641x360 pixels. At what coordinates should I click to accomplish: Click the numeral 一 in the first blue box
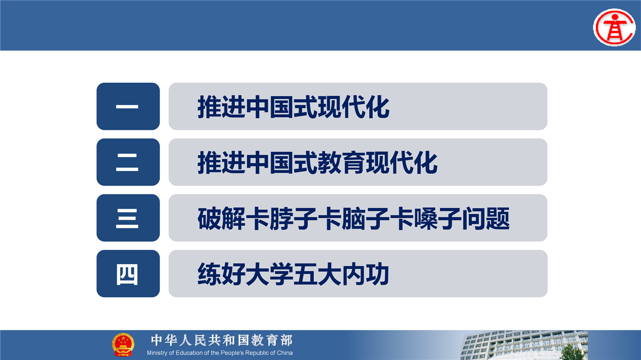point(127,107)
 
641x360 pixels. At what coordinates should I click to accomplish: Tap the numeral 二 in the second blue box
point(127,162)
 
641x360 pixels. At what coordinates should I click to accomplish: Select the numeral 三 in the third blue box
point(127,218)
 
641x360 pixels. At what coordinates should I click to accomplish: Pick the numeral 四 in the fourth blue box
point(127,274)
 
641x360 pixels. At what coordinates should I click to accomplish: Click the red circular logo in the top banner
point(614,28)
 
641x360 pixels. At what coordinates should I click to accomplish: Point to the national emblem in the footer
point(123,344)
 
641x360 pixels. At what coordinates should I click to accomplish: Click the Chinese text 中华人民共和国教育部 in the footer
point(222,340)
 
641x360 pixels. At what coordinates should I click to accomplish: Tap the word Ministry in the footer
point(157,353)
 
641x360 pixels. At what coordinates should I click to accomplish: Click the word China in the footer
point(285,353)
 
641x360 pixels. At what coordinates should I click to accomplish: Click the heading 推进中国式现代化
point(293,107)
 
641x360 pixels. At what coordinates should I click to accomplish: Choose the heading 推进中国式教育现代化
point(317,163)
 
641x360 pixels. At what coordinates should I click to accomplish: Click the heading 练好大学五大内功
point(293,274)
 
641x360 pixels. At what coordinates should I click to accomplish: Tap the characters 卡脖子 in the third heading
point(281,219)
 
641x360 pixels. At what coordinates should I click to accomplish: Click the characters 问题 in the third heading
point(486,219)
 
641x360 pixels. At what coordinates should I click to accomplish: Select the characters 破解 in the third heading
point(221,219)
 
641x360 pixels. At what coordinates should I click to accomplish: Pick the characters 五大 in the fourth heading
point(317,274)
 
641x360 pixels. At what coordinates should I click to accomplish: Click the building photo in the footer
point(524,345)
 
